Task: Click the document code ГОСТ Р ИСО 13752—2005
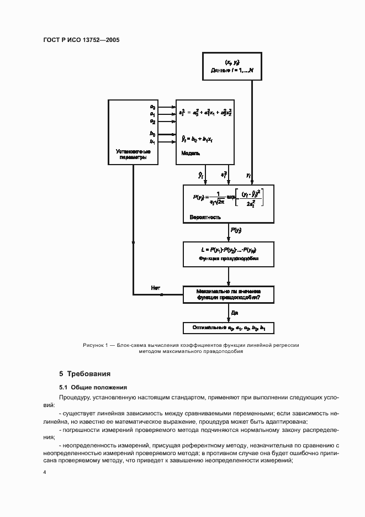pyautogui.click(x=81, y=40)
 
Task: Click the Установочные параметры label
pyautogui.click(x=133, y=154)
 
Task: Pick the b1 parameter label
pyautogui.click(x=152, y=140)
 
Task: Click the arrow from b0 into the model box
pyautogui.click(x=166, y=134)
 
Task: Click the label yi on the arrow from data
pyautogui.click(x=248, y=175)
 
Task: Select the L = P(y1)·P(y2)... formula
pyautogui.click(x=229, y=250)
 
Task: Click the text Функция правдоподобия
pyautogui.click(x=229, y=258)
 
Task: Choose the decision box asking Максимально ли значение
pyautogui.click(x=229, y=294)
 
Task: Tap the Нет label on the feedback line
pyautogui.click(x=155, y=287)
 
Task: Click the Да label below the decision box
pyautogui.click(x=234, y=313)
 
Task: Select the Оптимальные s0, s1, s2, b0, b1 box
pyautogui.click(x=229, y=328)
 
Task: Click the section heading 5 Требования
pyautogui.click(x=85, y=374)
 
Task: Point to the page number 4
pyautogui.click(x=45, y=472)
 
